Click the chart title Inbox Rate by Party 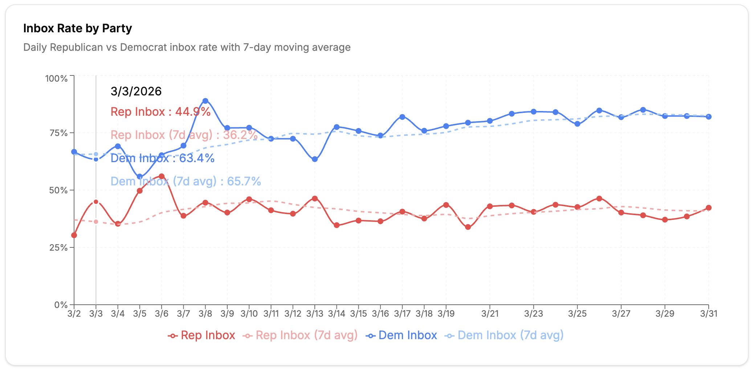point(77,28)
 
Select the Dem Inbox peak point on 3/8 point(205,101)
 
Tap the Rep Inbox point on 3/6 point(162,177)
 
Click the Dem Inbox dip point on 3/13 point(315,159)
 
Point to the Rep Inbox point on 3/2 point(74,235)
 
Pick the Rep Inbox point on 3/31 point(708,208)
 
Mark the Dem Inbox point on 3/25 point(577,124)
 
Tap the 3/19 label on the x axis point(446,314)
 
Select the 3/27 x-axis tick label point(621,314)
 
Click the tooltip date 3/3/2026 point(136,91)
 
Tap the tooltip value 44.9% point(193,112)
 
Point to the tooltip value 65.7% point(244,181)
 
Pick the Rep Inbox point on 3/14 point(337,225)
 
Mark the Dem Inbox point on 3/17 point(402,117)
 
